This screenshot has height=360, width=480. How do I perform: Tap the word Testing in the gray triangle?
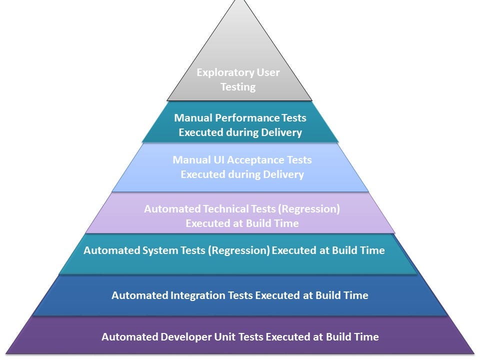point(238,87)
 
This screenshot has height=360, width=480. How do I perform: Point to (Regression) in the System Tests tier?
point(239,250)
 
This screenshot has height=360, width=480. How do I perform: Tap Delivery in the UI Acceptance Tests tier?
point(283,174)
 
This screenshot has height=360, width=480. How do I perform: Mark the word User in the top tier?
point(268,72)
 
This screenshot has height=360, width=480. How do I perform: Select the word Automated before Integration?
point(140,295)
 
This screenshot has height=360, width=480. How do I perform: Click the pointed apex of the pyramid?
point(239,1)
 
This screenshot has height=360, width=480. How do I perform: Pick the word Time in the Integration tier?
point(356,295)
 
